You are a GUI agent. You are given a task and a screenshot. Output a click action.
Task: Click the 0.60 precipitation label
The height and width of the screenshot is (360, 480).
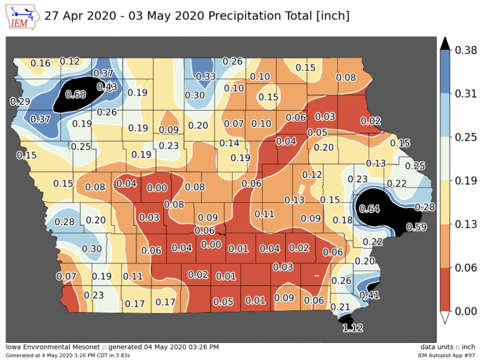[x=76, y=94]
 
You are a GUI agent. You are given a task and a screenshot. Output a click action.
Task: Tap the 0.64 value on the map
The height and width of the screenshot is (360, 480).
[x=369, y=208]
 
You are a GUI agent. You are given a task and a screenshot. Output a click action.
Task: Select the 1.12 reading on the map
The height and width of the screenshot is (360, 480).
[x=353, y=328]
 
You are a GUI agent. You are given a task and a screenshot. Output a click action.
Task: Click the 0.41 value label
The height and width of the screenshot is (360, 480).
[x=369, y=295]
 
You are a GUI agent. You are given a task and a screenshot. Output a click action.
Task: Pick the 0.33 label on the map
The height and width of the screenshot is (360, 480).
[x=206, y=76]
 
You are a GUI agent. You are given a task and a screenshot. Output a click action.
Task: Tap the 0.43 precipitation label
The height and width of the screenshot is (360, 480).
[x=107, y=87]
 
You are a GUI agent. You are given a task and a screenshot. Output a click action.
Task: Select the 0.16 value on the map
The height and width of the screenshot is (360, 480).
[x=41, y=63]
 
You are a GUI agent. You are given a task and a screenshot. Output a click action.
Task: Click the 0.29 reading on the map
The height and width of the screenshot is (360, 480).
[x=21, y=101]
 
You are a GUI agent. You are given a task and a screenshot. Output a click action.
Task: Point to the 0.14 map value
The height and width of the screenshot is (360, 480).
[x=230, y=143]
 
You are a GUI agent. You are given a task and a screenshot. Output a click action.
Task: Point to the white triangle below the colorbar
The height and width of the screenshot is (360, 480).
[x=446, y=318]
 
